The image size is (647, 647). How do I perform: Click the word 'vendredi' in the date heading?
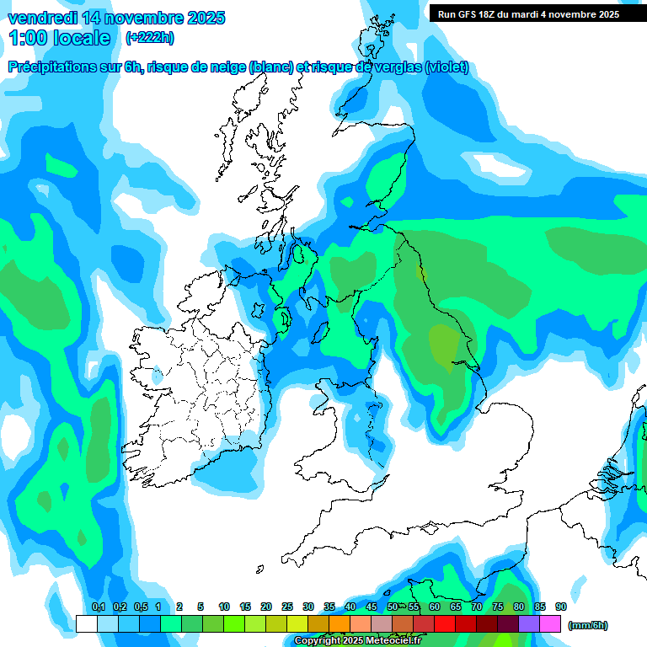pos(40,18)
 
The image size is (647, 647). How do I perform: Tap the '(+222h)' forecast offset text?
pos(150,37)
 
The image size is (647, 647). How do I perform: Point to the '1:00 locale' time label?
pos(60,38)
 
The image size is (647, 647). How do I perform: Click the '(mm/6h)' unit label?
pos(588,625)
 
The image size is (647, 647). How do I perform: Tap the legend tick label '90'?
pos(561,607)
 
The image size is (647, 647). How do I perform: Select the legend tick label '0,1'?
pos(98,607)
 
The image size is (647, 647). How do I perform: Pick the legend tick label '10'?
pos(224,607)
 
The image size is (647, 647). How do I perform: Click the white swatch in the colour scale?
pos(86,623)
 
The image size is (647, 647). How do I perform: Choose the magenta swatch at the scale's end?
pos(550,623)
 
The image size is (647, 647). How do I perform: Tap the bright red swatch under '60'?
pos(445,623)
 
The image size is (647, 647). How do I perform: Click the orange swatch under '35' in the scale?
pos(340,623)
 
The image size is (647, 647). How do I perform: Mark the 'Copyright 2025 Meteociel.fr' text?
pos(357,641)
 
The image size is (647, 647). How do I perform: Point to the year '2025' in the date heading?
pos(200,18)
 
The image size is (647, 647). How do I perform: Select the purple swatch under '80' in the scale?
pos(529,623)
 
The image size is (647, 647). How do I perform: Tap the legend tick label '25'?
pos(287,607)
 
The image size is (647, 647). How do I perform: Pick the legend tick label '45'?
pos(372,607)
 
